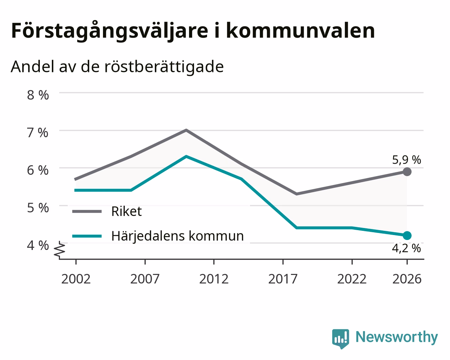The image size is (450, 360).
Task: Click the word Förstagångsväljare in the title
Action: click(x=110, y=31)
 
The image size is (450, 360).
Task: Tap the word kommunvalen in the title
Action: click(x=300, y=31)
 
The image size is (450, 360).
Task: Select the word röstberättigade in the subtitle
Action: click(x=164, y=67)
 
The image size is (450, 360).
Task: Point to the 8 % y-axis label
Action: click(x=38, y=95)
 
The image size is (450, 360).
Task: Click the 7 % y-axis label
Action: click(x=38, y=133)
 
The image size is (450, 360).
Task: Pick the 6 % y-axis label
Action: click(x=38, y=170)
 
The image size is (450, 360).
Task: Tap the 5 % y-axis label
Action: click(x=38, y=208)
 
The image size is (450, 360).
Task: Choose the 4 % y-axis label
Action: click(x=38, y=245)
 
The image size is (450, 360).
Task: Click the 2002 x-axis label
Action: click(x=76, y=279)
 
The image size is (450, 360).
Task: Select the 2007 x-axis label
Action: click(x=145, y=279)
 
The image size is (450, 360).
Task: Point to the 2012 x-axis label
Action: click(x=214, y=279)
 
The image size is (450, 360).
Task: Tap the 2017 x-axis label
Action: click(x=283, y=279)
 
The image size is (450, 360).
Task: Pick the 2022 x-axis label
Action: click(x=352, y=279)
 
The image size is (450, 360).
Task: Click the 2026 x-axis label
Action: click(x=407, y=279)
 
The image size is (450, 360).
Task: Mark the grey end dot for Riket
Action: click(x=407, y=172)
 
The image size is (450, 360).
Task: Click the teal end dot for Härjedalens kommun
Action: click(x=407, y=236)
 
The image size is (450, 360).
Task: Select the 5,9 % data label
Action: click(x=407, y=160)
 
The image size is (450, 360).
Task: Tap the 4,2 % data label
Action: click(x=406, y=249)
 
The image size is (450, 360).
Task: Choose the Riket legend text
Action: click(x=127, y=211)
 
